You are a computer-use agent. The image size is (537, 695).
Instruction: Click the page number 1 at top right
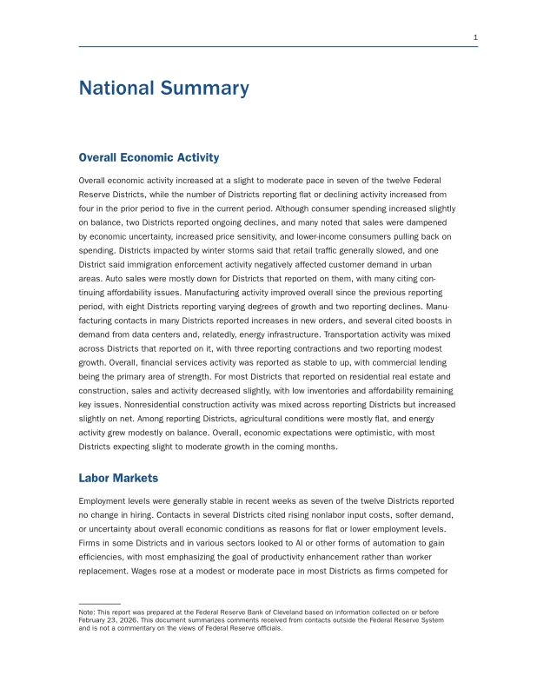tap(475, 36)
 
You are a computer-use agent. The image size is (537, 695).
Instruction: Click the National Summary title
tap(163, 88)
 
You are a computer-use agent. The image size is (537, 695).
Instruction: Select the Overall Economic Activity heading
tap(149, 157)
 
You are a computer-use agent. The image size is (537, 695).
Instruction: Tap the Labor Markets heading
tap(118, 478)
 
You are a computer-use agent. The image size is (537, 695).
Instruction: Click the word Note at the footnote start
tap(87, 613)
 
